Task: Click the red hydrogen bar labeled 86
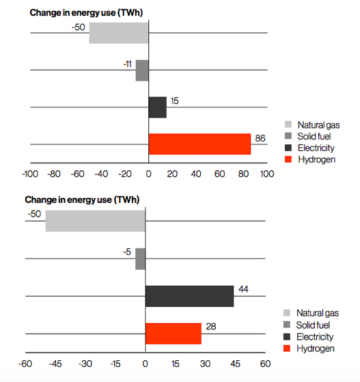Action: tap(199, 144)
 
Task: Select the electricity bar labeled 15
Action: tap(157, 107)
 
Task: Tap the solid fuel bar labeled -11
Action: tap(142, 70)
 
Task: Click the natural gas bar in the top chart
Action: tap(119, 33)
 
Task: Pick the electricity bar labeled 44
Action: tap(189, 296)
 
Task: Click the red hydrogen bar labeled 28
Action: tap(174, 333)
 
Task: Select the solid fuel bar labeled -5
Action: tap(140, 259)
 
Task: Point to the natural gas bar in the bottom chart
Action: tap(95, 221)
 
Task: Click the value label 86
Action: tap(260, 138)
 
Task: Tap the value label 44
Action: tap(243, 290)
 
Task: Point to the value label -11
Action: tap(127, 64)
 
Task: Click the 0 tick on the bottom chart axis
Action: tap(146, 364)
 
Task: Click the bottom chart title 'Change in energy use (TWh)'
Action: tap(81, 200)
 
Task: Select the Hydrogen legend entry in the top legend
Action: tap(310, 159)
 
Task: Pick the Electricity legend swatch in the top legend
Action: tap(288, 148)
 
